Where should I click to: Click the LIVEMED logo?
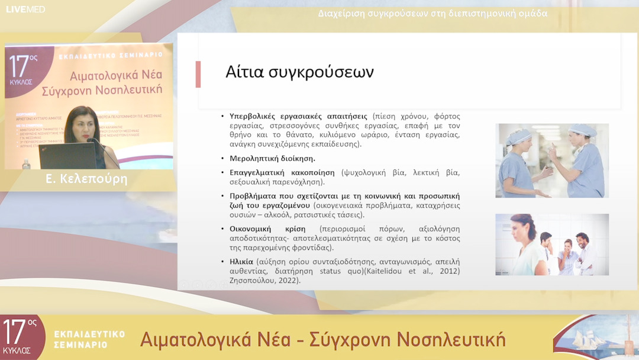click(x=25, y=9)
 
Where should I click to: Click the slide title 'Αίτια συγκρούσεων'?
click(x=299, y=72)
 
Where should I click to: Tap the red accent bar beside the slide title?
click(x=198, y=74)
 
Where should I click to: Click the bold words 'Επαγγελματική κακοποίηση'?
click(x=282, y=173)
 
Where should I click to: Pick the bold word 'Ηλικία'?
click(x=241, y=261)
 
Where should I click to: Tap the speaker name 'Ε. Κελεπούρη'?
click(x=86, y=179)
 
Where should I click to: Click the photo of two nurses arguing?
click(x=551, y=160)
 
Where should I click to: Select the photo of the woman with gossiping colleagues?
click(x=551, y=244)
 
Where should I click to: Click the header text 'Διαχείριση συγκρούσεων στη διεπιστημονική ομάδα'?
click(x=433, y=13)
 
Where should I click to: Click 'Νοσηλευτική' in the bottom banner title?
click(x=451, y=339)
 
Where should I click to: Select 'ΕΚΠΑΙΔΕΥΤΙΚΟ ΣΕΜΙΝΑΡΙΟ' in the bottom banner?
click(x=89, y=339)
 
